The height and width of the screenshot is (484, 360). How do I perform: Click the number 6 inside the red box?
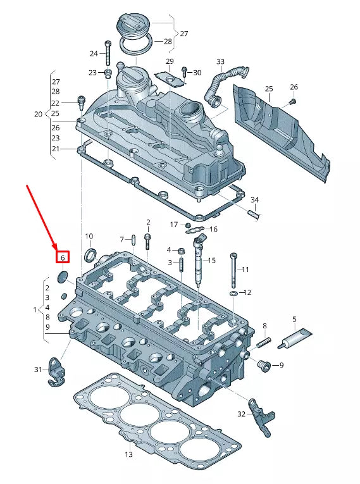pyautogui.click(x=63, y=258)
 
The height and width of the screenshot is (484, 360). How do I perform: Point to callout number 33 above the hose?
pyautogui.click(x=220, y=62)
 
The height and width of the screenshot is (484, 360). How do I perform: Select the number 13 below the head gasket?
pyautogui.click(x=128, y=454)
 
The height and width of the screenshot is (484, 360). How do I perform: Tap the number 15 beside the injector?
pyautogui.click(x=211, y=260)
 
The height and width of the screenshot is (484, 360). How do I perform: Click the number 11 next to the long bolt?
pyautogui.click(x=245, y=270)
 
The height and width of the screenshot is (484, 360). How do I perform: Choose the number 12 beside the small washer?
pyautogui.click(x=247, y=292)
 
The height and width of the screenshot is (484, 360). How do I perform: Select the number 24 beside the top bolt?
pyautogui.click(x=94, y=54)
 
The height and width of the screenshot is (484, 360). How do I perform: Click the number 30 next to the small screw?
pyautogui.click(x=197, y=73)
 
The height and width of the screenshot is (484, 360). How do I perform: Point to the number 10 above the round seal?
pyautogui.click(x=89, y=236)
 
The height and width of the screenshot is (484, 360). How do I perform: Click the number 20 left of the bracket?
pyautogui.click(x=37, y=115)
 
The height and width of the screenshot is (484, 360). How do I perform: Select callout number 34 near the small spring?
pyautogui.click(x=254, y=201)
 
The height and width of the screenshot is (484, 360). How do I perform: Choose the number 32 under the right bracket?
pyautogui.click(x=241, y=414)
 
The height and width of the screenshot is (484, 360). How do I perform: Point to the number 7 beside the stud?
pyautogui.click(x=123, y=239)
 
